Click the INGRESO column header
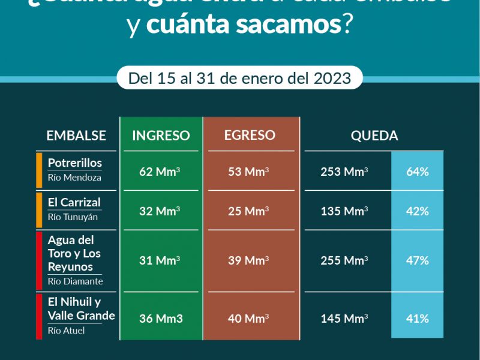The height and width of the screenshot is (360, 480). click(161, 136)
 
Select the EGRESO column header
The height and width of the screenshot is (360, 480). click(250, 136)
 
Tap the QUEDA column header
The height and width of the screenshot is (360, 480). click(374, 136)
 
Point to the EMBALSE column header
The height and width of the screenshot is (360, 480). click(76, 136)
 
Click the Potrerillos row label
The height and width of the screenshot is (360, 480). click(75, 163)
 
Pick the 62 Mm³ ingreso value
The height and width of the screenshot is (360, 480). click(160, 172)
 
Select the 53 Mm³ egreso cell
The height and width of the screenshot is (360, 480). click(248, 172)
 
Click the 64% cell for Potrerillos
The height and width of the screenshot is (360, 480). click(417, 172)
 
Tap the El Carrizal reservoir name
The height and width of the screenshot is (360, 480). click(74, 202)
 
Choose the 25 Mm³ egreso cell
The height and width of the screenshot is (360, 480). click(248, 211)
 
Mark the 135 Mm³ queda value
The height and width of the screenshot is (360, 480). click(344, 211)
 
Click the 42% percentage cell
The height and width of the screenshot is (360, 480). click(417, 211)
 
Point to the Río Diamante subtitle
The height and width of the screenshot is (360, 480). click(76, 281)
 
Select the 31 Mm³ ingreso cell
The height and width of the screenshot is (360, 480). click(160, 260)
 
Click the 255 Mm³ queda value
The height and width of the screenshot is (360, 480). click(344, 260)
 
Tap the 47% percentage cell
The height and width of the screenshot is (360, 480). click(417, 260)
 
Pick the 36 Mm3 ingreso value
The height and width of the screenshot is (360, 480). click(160, 319)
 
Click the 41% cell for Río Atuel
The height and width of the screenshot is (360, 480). click(417, 319)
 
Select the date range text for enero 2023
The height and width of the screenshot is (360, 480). click(239, 78)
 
